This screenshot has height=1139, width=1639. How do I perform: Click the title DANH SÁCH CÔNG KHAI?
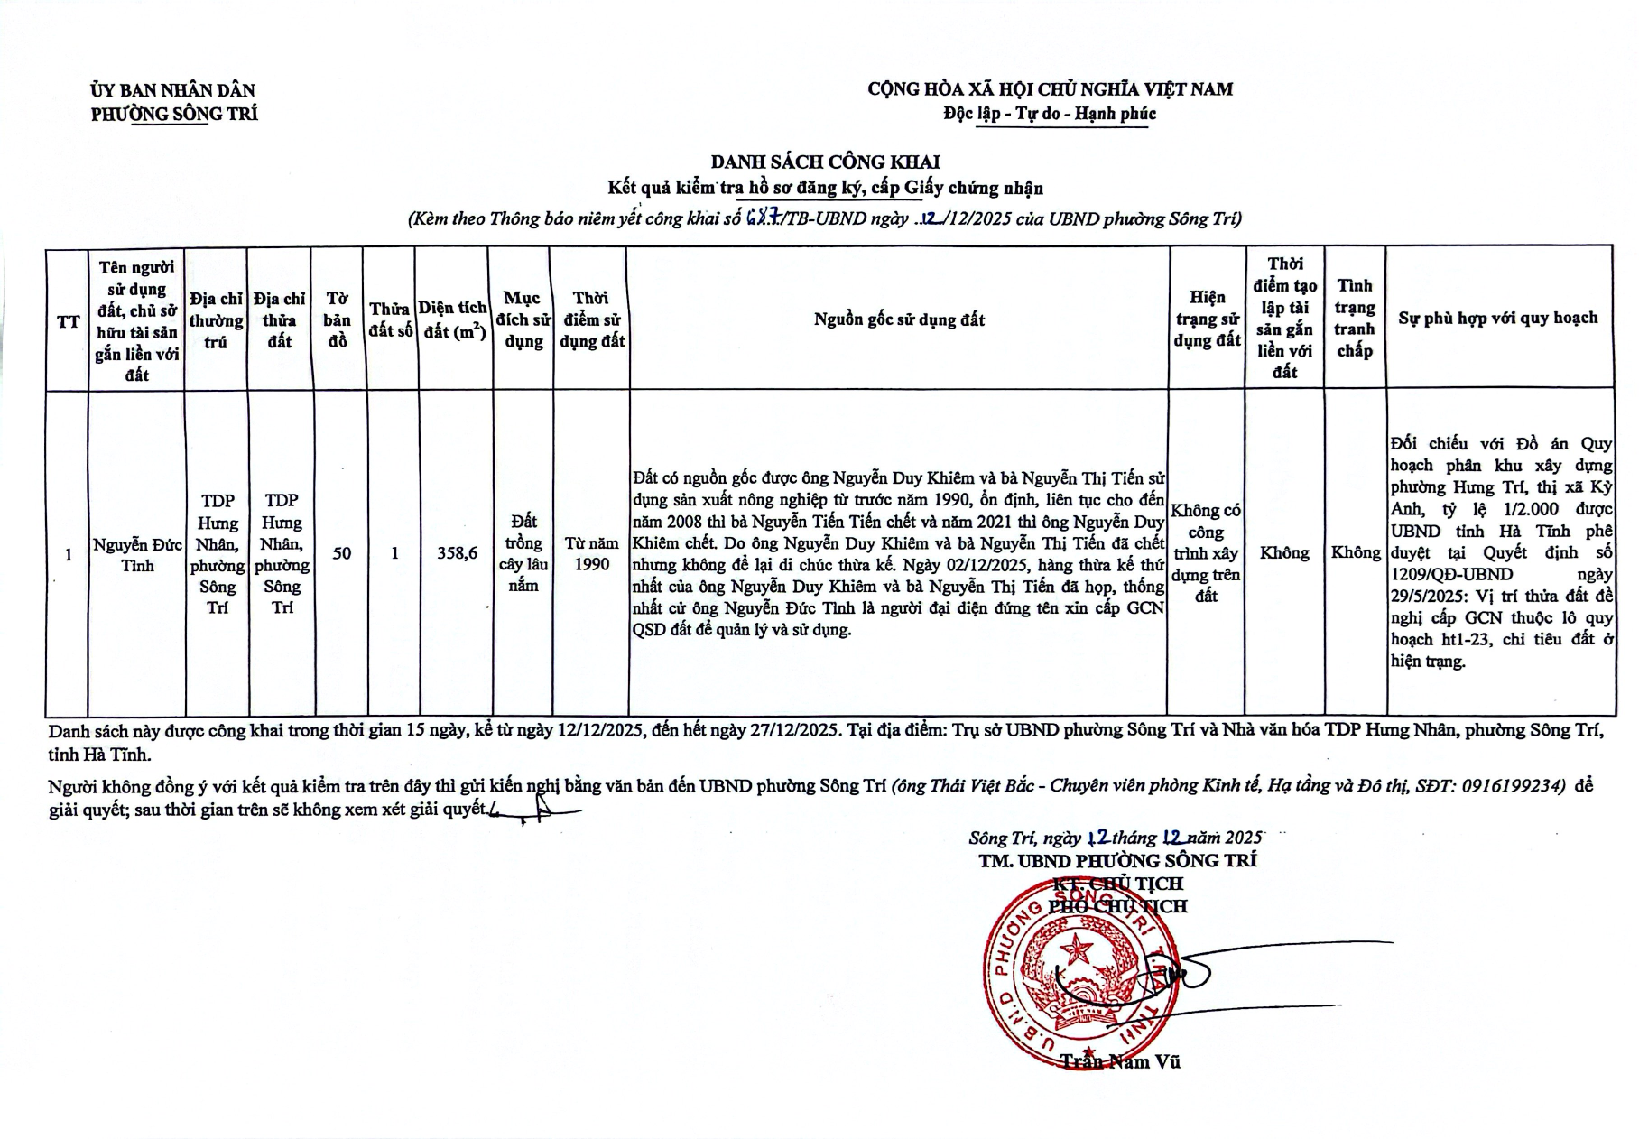[825, 162]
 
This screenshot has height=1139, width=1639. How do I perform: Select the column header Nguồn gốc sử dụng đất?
[899, 319]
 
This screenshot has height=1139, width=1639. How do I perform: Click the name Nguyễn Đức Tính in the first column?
[137, 554]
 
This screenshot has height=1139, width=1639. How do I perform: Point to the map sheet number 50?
[341, 553]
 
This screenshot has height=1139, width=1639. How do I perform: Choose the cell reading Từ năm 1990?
[591, 553]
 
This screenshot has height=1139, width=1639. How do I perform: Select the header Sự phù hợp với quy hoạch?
[1497, 318]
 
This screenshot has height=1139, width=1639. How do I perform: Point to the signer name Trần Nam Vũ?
[1120, 1062]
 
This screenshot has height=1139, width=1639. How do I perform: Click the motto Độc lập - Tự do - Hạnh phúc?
[1050, 114]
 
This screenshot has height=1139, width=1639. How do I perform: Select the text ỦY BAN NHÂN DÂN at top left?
[173, 90]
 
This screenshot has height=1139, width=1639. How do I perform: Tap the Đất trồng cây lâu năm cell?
[523, 553]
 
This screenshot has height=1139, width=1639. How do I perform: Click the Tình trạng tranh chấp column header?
[1354, 318]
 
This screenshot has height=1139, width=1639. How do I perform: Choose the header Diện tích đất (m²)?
[453, 319]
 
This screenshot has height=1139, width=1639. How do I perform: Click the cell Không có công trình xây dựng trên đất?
[1206, 552]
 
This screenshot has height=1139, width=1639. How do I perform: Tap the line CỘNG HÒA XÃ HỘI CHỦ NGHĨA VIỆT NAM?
[1050, 89]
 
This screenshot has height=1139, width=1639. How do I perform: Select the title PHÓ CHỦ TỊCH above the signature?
[1118, 906]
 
